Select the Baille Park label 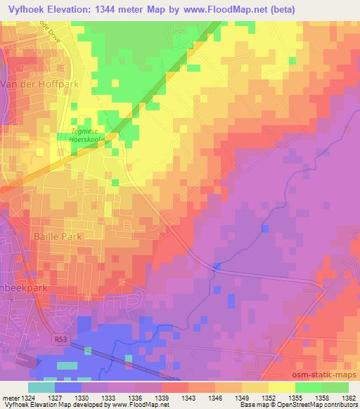[58, 237]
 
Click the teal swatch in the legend [41, 387]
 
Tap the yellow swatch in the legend [282, 387]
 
